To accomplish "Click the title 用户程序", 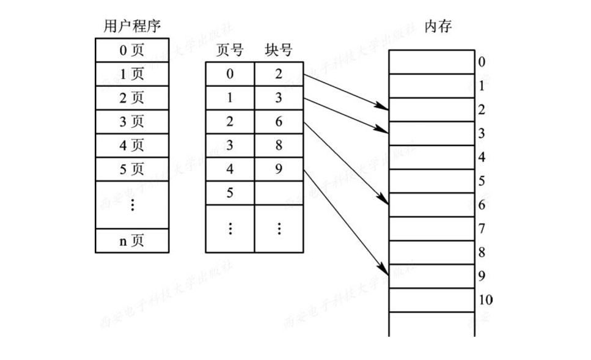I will (132, 26).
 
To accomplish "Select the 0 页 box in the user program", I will (132, 50).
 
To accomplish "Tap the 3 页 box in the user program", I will (132, 122).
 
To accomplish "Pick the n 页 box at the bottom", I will (132, 241).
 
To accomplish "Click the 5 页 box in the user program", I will (132, 169).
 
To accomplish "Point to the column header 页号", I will (230, 51).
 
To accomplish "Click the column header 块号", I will (279, 51).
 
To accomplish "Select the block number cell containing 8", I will (279, 145).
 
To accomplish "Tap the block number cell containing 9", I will (279, 169).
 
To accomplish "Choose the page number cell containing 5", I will (230, 193).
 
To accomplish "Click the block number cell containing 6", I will (279, 122).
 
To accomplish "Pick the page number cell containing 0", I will (230, 75).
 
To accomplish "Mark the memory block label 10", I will (486, 300).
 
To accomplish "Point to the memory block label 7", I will (482, 229).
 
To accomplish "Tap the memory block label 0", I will (482, 62).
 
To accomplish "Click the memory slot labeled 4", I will (431, 157).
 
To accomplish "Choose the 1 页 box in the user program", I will (132, 74).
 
